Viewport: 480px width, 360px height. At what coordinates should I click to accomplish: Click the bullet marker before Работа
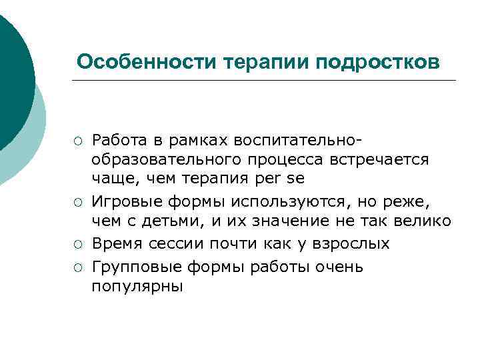point(78,141)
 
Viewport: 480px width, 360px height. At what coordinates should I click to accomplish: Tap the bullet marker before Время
point(78,245)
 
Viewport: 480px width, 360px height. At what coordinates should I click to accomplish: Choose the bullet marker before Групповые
point(78,268)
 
